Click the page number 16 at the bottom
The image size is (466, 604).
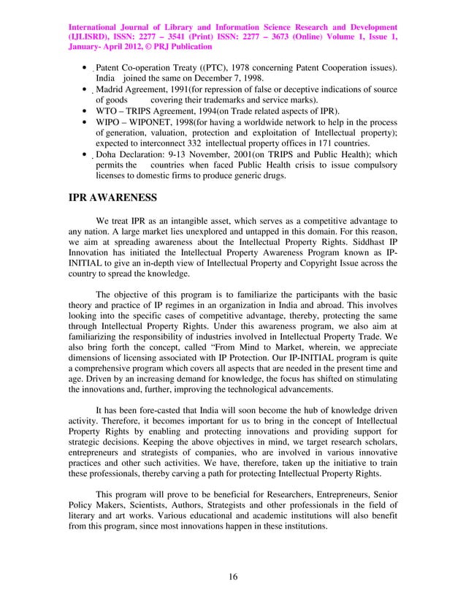pyautogui.click(x=233, y=577)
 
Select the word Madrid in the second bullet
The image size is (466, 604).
pyautogui.click(x=111, y=89)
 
